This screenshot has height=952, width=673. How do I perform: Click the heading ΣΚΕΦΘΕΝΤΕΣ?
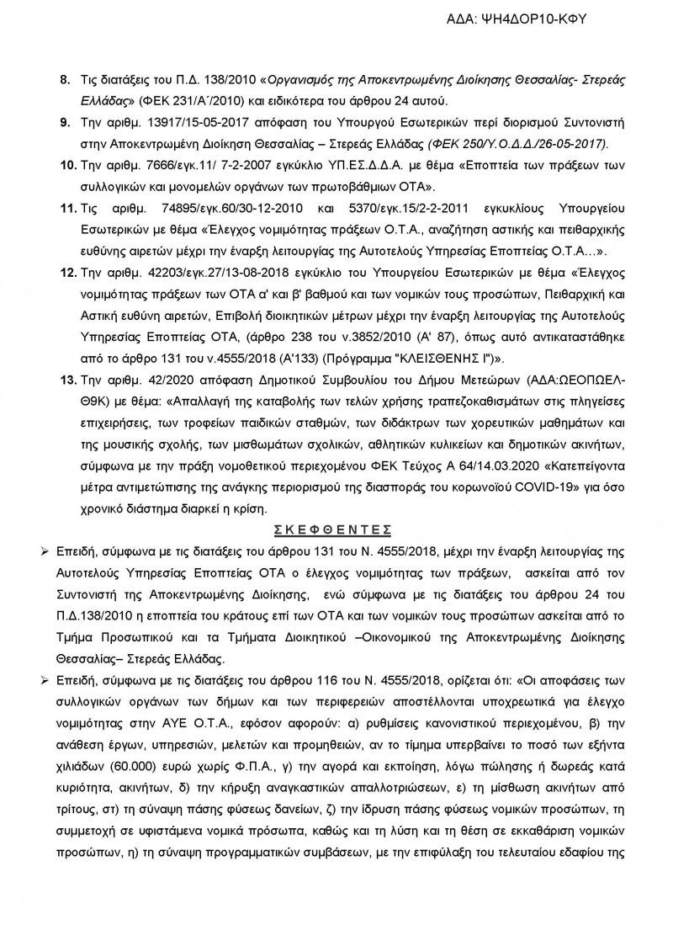click(336, 530)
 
